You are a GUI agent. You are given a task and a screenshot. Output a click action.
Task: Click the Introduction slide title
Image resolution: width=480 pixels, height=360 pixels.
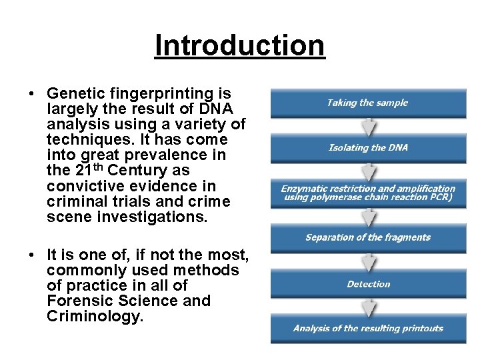tap(239, 46)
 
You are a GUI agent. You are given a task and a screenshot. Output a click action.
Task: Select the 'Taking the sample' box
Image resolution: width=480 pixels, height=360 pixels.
tap(368, 103)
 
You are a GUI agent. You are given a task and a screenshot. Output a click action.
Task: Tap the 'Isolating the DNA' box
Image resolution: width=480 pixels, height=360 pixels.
tap(368, 147)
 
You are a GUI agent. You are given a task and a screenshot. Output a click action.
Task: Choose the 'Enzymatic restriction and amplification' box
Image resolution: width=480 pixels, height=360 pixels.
tap(368, 193)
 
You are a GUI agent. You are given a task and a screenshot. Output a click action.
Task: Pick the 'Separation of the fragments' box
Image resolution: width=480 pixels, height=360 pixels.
tap(368, 237)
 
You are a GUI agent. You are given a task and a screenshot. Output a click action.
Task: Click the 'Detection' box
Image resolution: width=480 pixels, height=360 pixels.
tap(368, 284)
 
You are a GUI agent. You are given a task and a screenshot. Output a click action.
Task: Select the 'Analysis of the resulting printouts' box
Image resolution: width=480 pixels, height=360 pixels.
tap(368, 328)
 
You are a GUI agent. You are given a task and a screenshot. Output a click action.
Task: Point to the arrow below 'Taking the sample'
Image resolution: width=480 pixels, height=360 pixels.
tap(369, 126)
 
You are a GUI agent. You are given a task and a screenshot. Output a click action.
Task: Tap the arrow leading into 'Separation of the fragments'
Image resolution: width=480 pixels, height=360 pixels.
tap(369, 216)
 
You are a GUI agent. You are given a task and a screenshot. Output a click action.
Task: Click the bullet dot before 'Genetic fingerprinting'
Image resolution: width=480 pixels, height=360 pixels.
tap(32, 94)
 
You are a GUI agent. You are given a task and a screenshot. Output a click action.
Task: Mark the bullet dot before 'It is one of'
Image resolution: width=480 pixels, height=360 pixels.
tap(32, 255)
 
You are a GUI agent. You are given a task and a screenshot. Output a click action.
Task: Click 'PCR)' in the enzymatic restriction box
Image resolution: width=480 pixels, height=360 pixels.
tap(441, 197)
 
